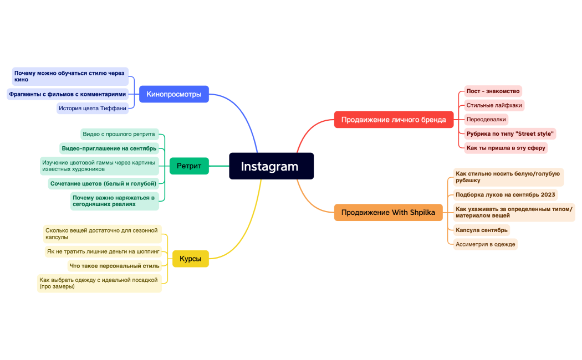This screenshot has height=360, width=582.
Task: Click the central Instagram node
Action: tap(271, 166)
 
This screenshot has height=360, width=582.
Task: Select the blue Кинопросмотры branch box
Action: tap(173, 94)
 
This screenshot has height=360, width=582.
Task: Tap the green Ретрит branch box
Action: tap(188, 166)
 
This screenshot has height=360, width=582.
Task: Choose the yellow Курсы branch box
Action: tap(190, 259)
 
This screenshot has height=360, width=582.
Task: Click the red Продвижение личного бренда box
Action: tap(393, 120)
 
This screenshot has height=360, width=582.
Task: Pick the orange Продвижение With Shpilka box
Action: tap(388, 212)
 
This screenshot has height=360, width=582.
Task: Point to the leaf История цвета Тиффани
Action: tap(93, 109)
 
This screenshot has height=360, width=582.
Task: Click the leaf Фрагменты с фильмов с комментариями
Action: tap(68, 94)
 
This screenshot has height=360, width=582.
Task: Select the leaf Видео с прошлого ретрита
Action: tap(119, 134)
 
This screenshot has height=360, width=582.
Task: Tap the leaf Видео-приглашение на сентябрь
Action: tap(109, 148)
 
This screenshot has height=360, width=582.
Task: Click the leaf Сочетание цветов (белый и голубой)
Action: tap(103, 183)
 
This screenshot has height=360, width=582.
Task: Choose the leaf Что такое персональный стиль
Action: tap(114, 266)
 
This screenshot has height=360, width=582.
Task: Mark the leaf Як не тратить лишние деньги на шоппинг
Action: tap(103, 251)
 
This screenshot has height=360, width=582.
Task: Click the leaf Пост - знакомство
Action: tap(493, 91)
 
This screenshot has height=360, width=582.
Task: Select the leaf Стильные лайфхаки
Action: tap(494, 105)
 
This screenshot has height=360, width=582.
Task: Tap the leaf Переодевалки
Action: tap(486, 119)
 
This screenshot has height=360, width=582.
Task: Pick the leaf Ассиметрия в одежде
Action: tap(485, 244)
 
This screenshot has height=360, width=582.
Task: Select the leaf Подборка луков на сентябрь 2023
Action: tap(505, 194)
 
